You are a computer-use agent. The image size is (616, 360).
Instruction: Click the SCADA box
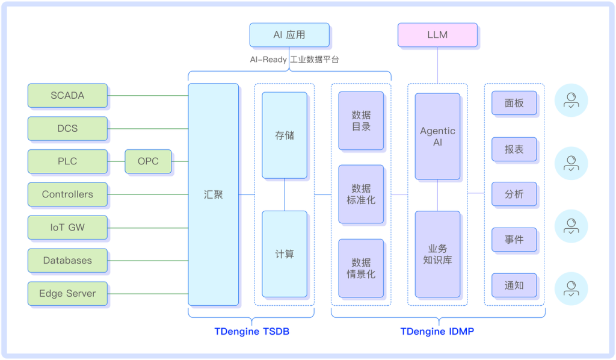(67, 96)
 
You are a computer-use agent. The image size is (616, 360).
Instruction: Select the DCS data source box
(67, 129)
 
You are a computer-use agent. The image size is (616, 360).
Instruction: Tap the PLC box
(67, 161)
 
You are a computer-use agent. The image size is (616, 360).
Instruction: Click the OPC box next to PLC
(148, 161)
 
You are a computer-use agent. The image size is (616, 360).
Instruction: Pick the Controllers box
(67, 194)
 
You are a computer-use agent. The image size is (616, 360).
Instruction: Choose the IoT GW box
(67, 228)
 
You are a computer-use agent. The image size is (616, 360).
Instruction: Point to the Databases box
(67, 261)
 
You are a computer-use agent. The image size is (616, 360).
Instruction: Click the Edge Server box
(67, 294)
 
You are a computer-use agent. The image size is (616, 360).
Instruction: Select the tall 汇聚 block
(213, 194)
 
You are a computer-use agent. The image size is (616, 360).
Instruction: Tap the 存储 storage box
(285, 135)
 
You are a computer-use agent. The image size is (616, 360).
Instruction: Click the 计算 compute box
(285, 254)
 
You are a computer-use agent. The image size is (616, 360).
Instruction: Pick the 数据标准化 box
(361, 194)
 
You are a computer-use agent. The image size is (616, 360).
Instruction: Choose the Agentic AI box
(437, 136)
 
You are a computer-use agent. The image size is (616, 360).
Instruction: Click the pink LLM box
(437, 35)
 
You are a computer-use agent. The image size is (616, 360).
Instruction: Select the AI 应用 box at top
(289, 35)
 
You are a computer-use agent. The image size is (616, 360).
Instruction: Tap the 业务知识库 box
(437, 254)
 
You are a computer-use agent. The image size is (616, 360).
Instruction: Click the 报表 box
(514, 149)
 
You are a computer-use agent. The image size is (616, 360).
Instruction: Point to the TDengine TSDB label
(252, 331)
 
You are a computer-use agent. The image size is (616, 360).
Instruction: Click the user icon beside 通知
(571, 288)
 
